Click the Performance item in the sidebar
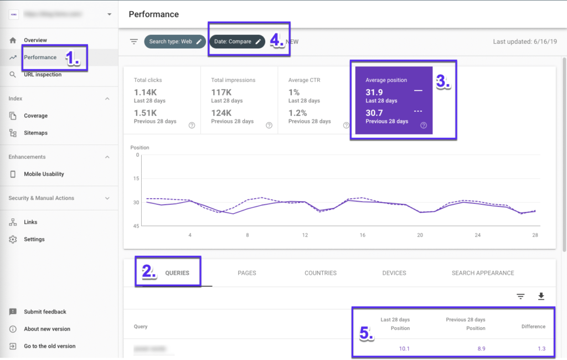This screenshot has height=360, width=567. (x=40, y=57)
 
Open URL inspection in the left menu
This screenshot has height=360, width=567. (x=43, y=74)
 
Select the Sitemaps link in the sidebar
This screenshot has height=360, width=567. (x=35, y=133)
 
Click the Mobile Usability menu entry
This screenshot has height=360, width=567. (x=44, y=174)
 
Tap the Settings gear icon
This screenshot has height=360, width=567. (x=13, y=239)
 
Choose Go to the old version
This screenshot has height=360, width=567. (x=49, y=346)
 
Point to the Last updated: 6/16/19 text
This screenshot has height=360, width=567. (x=525, y=42)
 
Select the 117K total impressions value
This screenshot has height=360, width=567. (x=221, y=92)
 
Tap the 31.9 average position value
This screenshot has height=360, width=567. (x=374, y=92)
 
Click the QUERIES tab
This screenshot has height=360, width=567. (x=177, y=273)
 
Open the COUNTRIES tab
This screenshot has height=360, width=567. (x=320, y=273)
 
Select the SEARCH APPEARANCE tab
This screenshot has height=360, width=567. (x=483, y=273)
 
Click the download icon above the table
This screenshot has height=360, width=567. (x=541, y=297)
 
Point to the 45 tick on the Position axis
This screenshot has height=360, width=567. (x=136, y=226)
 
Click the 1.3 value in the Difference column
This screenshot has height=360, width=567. (x=541, y=348)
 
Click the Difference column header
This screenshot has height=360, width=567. (x=533, y=327)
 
